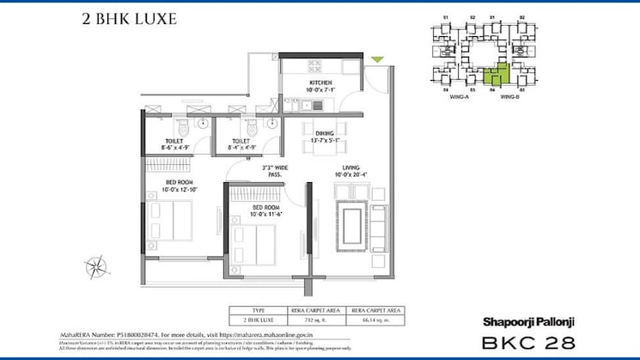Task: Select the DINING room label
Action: pos(324,137)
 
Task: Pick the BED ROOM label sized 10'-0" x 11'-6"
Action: pos(267,210)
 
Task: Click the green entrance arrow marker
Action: pos(377,59)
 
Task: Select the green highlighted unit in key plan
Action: pos(492,75)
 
